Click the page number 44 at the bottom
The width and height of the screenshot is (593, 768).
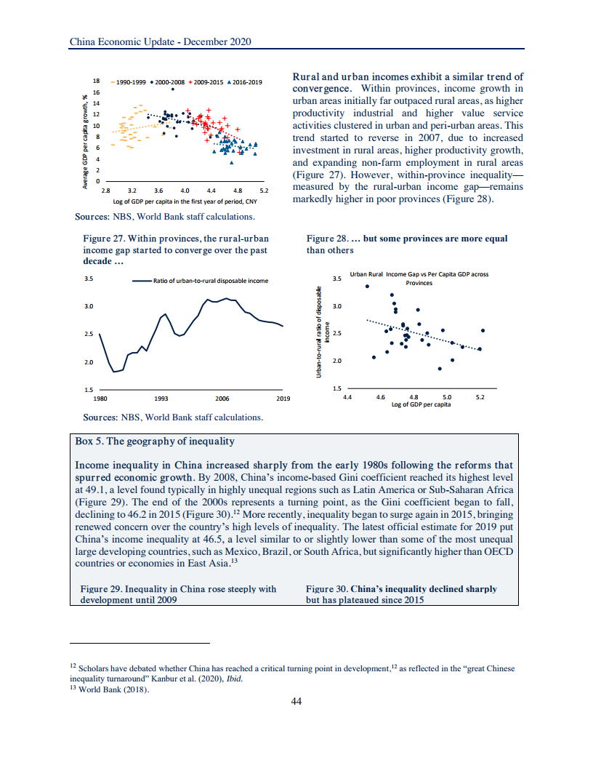click(296, 701)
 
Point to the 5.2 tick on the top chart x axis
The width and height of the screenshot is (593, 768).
click(263, 190)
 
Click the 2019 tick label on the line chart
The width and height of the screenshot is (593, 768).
click(283, 399)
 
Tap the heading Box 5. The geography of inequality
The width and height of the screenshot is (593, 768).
click(155, 441)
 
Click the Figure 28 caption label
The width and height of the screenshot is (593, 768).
click(326, 239)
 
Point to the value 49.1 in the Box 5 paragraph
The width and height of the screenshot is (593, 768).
click(86, 491)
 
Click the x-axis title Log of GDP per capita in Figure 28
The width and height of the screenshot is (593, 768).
click(420, 404)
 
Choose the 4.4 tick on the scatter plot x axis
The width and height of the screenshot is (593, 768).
click(347, 397)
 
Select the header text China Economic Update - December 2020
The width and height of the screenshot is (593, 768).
click(160, 42)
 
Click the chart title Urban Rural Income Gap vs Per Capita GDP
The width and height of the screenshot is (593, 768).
click(419, 274)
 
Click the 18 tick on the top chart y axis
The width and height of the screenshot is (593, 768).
click(97, 80)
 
